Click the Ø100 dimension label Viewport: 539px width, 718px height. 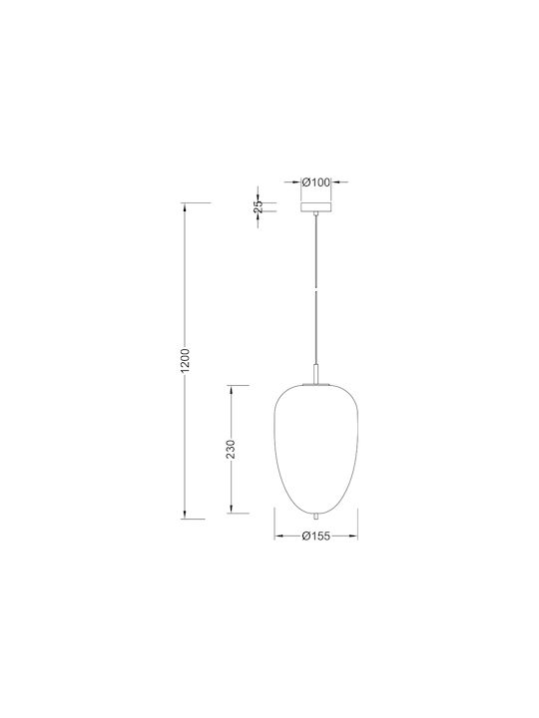tap(315, 182)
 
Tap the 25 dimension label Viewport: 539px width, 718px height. tap(259, 206)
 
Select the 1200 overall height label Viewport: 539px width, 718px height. tap(185, 360)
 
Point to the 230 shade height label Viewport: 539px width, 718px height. tap(231, 449)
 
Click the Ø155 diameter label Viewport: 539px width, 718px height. tap(315, 537)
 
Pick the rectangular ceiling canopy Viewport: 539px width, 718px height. tap(315, 207)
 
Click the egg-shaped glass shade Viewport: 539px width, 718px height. tap(316, 450)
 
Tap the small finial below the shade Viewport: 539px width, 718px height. tap(315, 517)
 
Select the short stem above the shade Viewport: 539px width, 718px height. tap(315, 374)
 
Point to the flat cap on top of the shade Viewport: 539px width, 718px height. tap(315, 385)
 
